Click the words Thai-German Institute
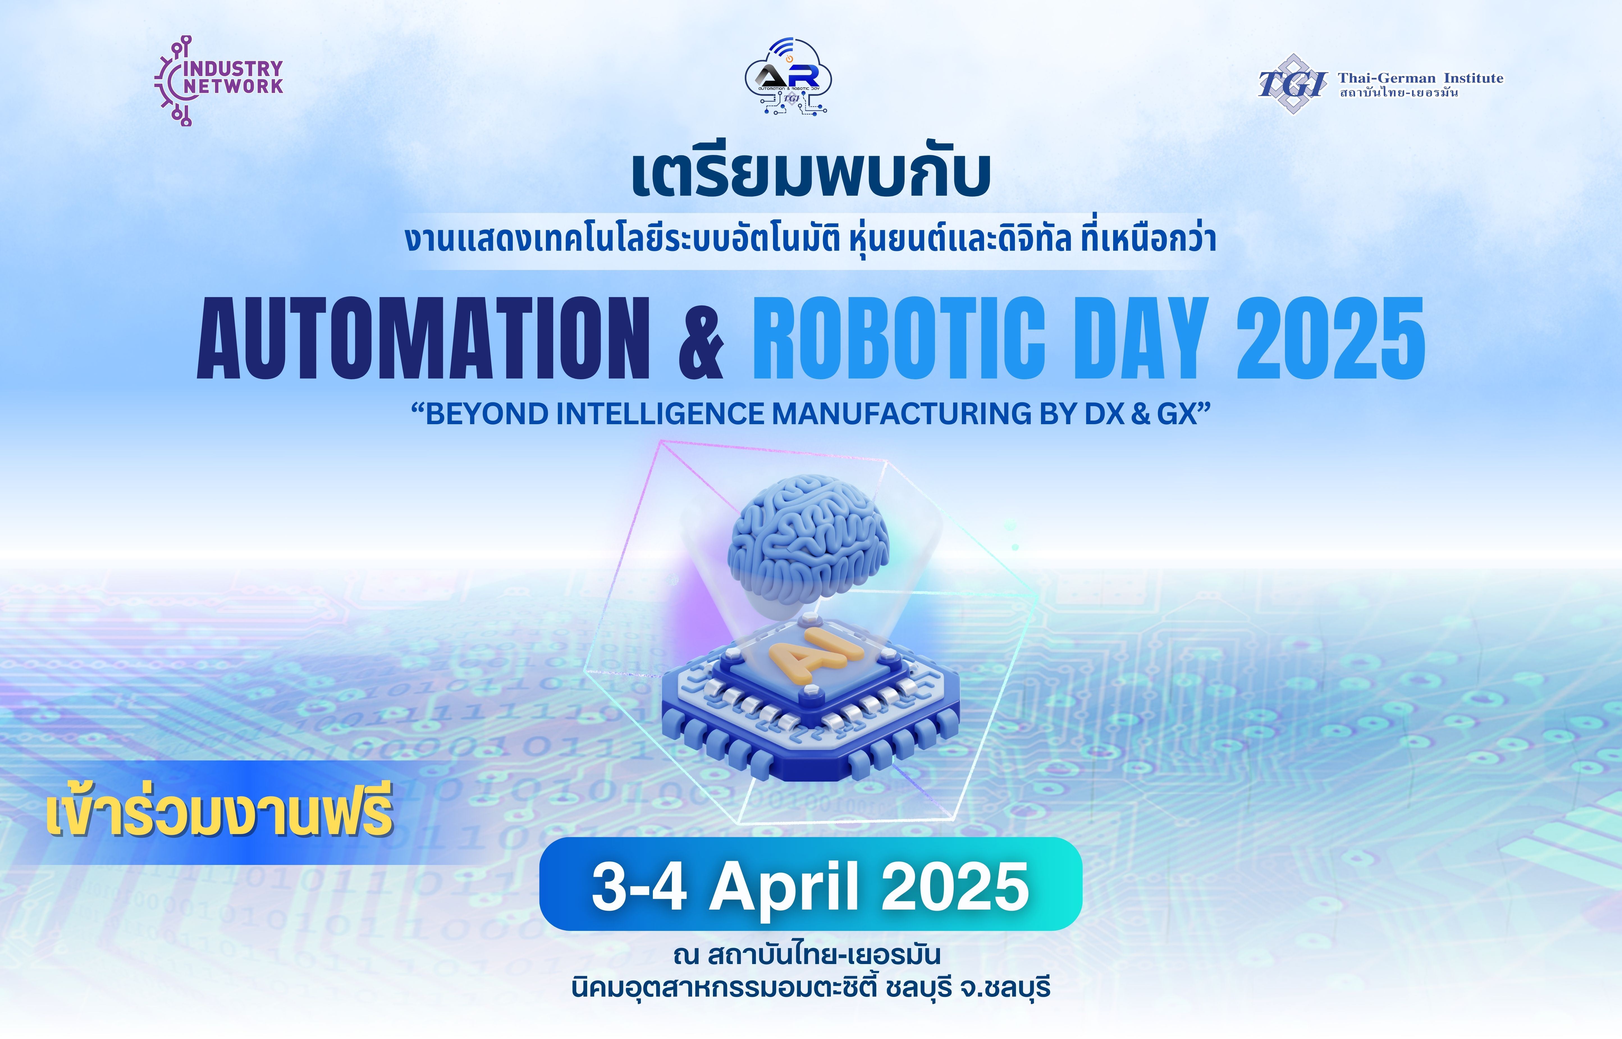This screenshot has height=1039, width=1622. pos(1420,78)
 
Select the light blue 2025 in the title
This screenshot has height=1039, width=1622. pos(1330,337)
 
